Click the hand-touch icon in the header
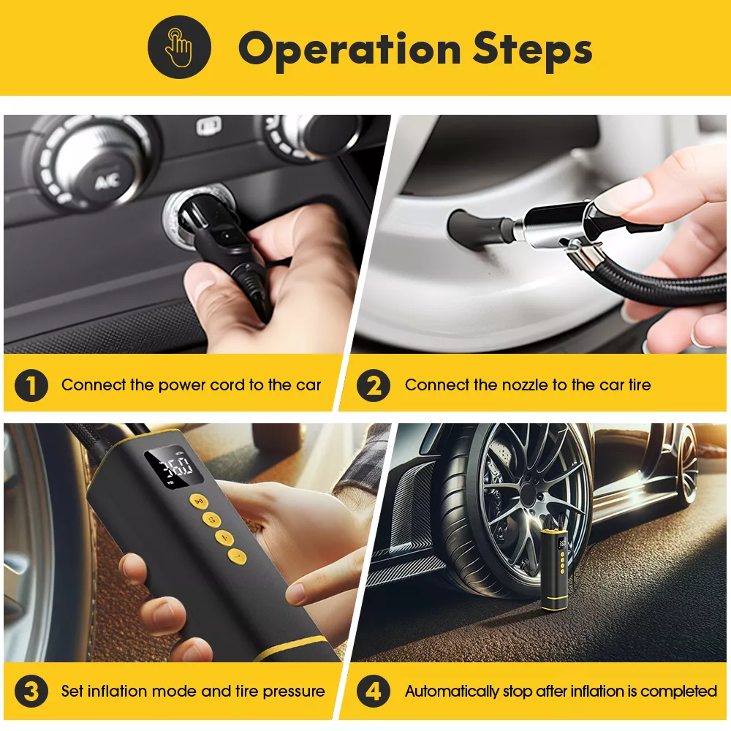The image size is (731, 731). [179, 47]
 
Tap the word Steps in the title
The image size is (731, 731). [532, 50]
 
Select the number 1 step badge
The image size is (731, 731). [31, 385]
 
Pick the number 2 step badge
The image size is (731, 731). [374, 385]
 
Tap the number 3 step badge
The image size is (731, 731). [31, 691]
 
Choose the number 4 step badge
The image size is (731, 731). [374, 691]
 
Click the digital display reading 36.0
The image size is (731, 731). [175, 466]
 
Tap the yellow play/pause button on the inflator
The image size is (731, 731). [199, 501]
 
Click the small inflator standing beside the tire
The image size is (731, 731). [555, 569]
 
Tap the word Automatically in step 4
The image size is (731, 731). [452, 692]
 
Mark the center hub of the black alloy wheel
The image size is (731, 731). [528, 492]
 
